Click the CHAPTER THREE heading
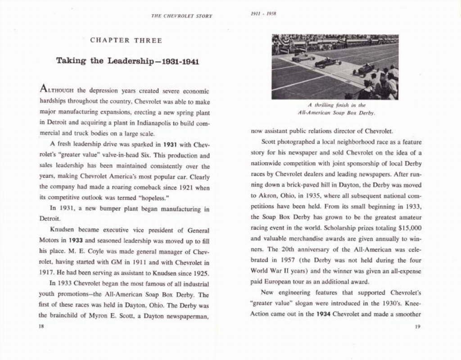tap(126, 40)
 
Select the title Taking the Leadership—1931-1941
tap(127, 61)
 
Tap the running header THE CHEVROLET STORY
tap(181, 16)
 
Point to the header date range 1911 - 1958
tap(263, 14)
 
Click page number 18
tap(42, 327)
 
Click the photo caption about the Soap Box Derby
tap(336, 109)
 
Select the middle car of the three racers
tap(328, 63)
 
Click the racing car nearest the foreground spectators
tap(364, 69)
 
